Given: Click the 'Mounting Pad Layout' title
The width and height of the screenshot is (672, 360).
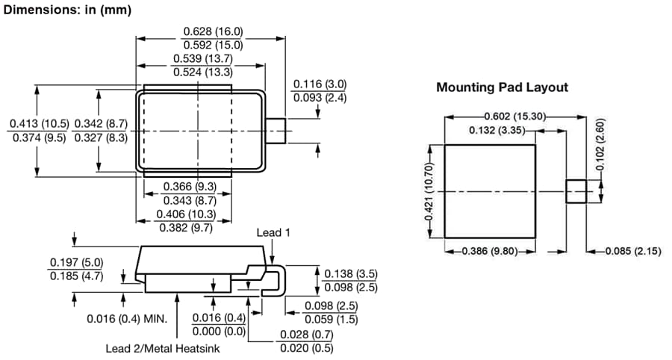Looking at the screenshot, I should (x=502, y=87).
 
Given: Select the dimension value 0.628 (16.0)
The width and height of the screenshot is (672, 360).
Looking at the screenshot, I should (x=213, y=32).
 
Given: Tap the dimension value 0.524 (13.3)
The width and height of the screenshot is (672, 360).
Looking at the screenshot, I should (x=202, y=72).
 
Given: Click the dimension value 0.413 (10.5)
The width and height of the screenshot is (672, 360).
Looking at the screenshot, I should (x=39, y=123).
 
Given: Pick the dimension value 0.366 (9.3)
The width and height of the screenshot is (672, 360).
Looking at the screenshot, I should (x=191, y=186).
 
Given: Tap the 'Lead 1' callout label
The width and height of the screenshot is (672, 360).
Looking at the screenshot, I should (x=273, y=232).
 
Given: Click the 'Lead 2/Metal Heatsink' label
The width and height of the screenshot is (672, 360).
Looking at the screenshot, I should (x=163, y=348).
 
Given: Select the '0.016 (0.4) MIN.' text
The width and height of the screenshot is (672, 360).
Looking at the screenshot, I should (x=125, y=318).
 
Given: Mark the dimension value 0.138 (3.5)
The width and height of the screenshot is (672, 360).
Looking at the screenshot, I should (x=352, y=274).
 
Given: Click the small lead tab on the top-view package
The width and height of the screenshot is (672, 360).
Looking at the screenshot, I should (x=277, y=131).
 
